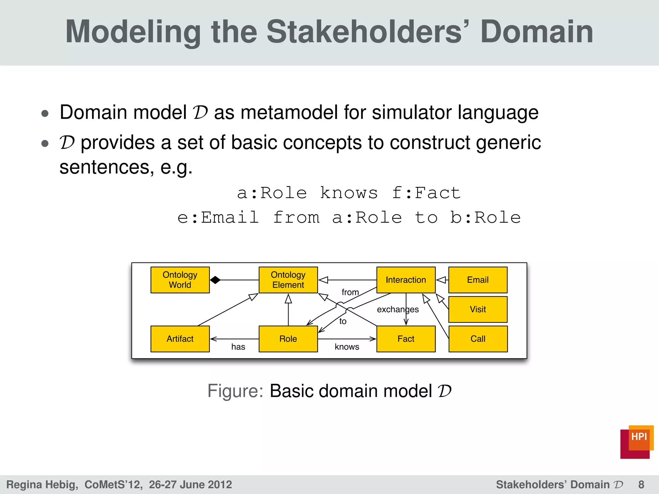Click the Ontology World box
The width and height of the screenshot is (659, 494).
click(x=180, y=280)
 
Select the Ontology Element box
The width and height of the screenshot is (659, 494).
click(x=288, y=280)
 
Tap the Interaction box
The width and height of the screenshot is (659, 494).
click(x=406, y=280)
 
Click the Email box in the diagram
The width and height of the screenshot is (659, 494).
click(x=478, y=280)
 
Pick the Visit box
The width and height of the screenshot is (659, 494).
click(x=478, y=309)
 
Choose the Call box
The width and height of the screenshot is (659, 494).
click(x=478, y=339)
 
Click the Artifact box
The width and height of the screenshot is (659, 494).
click(x=180, y=339)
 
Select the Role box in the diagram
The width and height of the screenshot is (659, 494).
click(x=288, y=339)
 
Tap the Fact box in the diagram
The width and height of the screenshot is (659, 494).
click(x=406, y=339)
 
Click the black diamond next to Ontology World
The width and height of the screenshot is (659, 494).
click(x=215, y=280)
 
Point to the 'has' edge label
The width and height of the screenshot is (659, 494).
click(x=238, y=347)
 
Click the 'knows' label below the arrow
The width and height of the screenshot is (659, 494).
click(x=347, y=347)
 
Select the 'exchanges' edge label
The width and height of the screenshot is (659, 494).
click(x=398, y=309)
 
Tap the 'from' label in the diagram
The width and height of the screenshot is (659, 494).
click(x=350, y=292)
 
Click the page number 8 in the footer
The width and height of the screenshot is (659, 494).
click(x=641, y=484)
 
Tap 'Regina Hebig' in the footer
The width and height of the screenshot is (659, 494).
click(x=42, y=484)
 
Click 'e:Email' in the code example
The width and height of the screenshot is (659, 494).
click(x=218, y=217)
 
